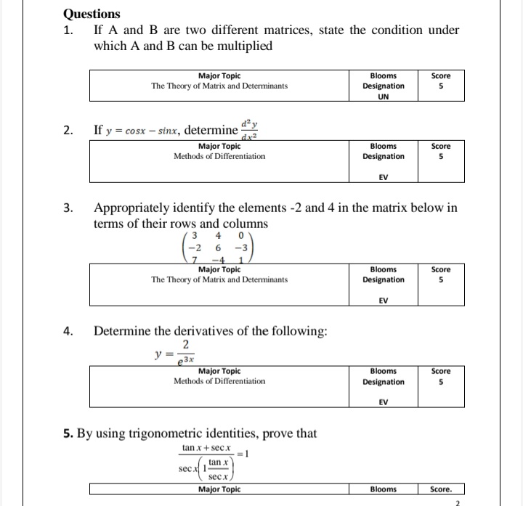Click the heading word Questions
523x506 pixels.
(x=92, y=14)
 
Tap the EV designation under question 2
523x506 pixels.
(x=383, y=176)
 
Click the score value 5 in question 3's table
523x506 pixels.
(x=440, y=279)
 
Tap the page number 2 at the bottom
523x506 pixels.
(x=458, y=502)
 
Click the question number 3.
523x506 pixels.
(x=68, y=208)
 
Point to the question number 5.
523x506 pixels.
(x=67, y=434)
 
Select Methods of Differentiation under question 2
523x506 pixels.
(x=219, y=156)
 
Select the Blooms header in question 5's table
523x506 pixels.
(x=383, y=489)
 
